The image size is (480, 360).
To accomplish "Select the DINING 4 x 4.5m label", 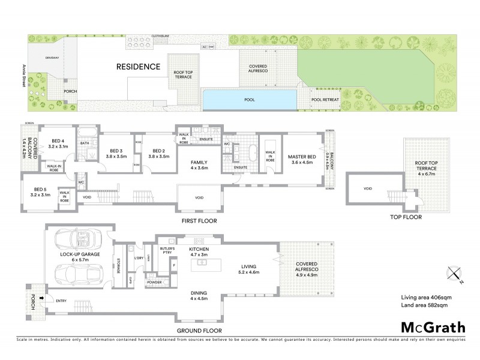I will tap(198, 296).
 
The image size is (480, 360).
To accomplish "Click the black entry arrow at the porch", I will tap(41, 297).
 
